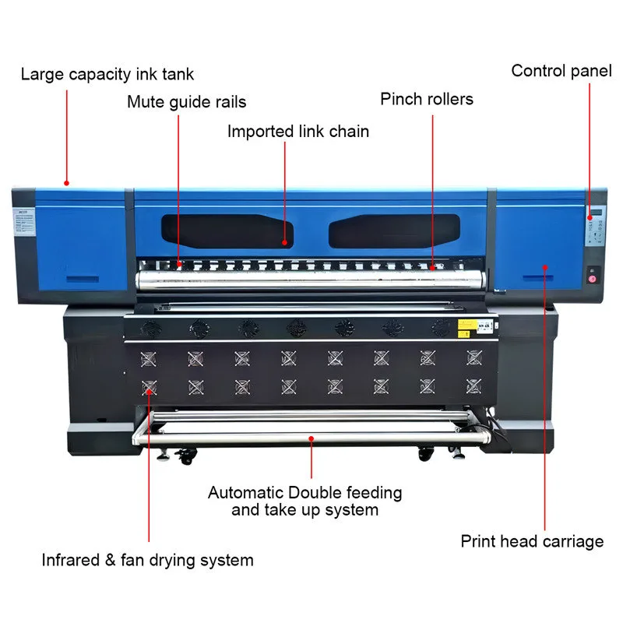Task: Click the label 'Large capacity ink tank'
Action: tap(107, 75)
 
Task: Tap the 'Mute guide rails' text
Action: tap(187, 101)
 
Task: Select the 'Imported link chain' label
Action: tap(298, 131)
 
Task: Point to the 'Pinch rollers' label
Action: tap(427, 99)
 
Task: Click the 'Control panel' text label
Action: tap(560, 71)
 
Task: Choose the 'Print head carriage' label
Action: tap(532, 540)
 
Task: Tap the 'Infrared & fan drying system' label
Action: tap(147, 559)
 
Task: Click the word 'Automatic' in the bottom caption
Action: tap(245, 493)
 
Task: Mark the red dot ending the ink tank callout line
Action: tap(67, 184)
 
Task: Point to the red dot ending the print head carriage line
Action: tap(545, 267)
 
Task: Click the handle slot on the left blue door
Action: tap(81, 278)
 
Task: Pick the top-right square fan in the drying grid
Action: tap(473, 357)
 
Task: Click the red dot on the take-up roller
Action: tap(311, 438)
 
